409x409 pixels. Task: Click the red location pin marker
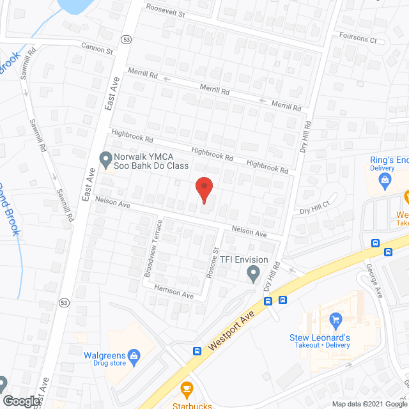point(204,188)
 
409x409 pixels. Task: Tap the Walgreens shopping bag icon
point(134,355)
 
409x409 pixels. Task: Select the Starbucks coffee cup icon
point(187,388)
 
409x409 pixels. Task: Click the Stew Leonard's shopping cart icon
point(336,320)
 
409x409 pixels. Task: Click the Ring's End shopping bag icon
point(385,182)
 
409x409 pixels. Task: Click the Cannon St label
point(97,47)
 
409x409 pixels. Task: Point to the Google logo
point(21,401)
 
